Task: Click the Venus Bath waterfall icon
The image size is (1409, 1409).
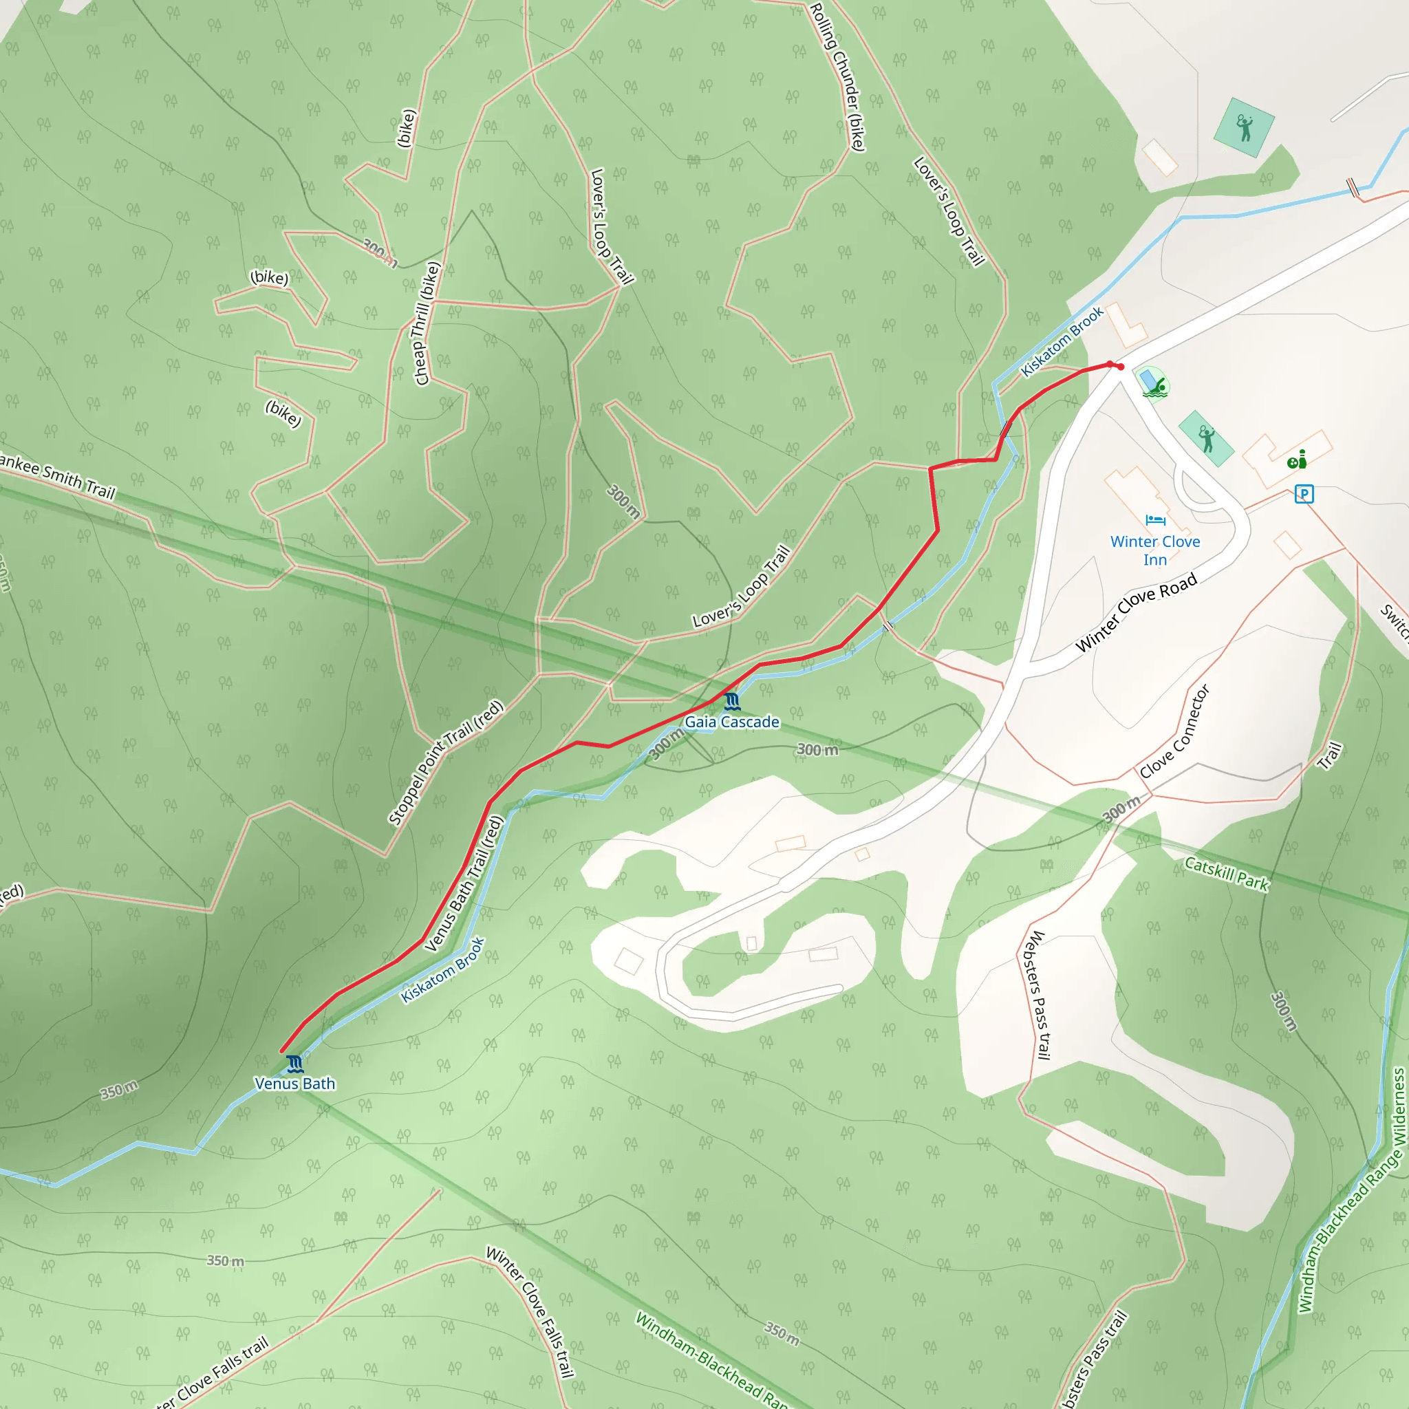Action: tap(294, 1064)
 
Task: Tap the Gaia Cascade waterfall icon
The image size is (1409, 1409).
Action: tap(732, 702)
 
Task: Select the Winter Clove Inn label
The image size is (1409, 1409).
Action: tap(1154, 550)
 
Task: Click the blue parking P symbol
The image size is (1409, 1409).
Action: tap(1304, 495)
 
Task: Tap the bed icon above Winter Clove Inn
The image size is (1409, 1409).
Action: tap(1155, 520)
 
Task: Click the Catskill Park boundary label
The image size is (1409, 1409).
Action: tap(1227, 874)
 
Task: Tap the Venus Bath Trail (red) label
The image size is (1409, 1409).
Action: tap(464, 883)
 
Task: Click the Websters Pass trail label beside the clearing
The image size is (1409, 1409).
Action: tap(1035, 995)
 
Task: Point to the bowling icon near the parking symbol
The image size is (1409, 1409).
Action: tap(1297, 460)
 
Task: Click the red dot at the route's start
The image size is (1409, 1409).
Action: tap(1120, 367)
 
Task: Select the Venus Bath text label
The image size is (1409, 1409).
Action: tap(294, 1084)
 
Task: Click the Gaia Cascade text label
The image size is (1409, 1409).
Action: tap(731, 722)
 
